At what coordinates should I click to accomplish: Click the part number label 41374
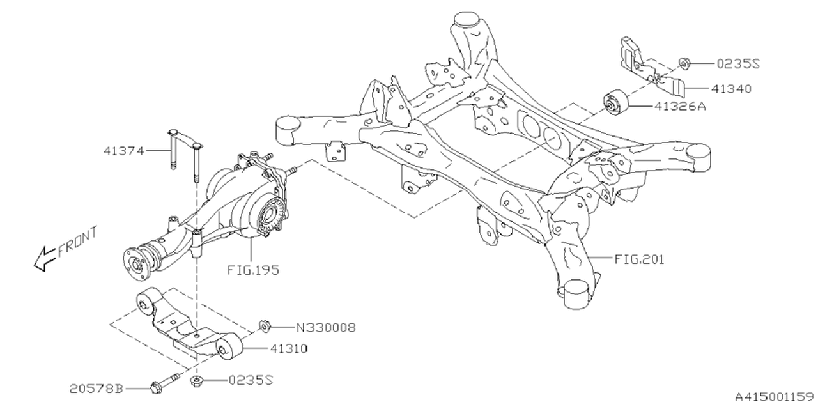122,151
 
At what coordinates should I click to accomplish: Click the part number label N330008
326,328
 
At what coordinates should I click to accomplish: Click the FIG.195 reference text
254,270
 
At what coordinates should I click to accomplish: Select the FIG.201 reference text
639,259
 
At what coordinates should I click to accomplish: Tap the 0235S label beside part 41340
738,63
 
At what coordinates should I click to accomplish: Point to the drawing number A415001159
773,396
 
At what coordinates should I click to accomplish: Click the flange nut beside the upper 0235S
683,63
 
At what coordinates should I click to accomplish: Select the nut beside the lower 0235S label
197,382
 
